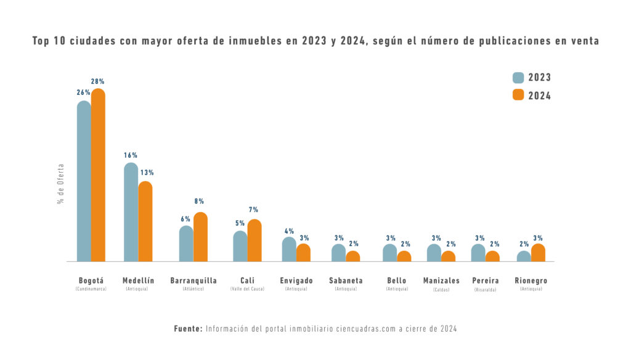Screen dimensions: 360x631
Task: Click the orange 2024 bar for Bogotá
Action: coord(98,176)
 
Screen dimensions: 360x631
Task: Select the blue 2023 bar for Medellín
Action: coord(131,212)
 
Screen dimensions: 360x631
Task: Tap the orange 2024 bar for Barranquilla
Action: coord(200,237)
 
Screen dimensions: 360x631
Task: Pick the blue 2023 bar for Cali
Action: coord(240,247)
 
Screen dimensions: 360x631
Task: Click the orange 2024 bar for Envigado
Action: coord(303,253)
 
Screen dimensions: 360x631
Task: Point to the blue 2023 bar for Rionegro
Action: coord(524,256)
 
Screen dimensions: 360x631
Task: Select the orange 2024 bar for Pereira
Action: coord(493,256)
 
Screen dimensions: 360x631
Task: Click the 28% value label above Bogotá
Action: coord(98,81)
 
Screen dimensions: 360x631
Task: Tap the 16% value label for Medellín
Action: coord(130,155)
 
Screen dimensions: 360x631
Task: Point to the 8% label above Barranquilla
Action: coord(199,202)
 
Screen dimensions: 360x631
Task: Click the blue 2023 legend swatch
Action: coord(518,78)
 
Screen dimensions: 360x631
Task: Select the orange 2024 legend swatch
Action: coord(518,95)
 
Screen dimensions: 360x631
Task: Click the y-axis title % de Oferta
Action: coord(61,184)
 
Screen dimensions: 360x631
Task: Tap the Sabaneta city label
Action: coord(346,280)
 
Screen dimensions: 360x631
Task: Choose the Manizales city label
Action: coord(441,280)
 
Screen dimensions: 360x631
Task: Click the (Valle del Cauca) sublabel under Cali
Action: coord(247,289)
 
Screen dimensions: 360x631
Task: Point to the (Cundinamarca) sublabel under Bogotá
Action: coord(91,289)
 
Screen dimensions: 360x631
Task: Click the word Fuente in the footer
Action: coord(188,329)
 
